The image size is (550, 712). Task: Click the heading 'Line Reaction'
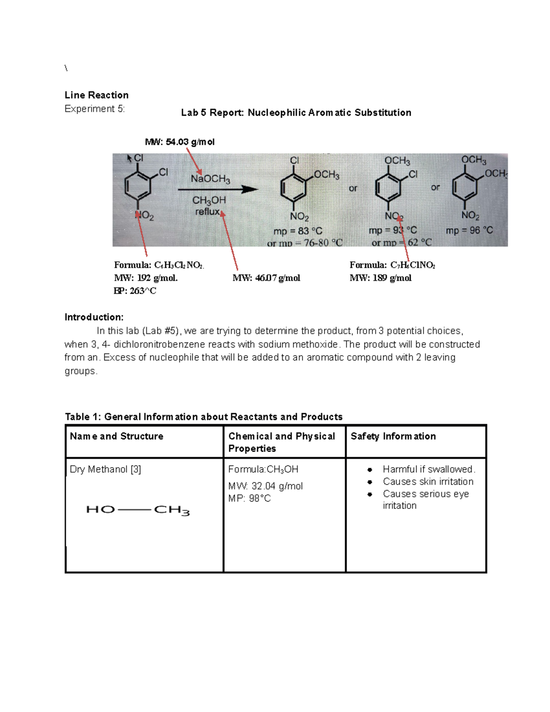point(96,95)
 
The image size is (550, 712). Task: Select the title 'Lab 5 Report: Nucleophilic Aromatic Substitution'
point(296,113)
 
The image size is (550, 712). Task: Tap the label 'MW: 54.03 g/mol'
point(180,142)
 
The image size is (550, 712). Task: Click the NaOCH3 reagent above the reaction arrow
point(210,179)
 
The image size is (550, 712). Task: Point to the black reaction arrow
point(218,189)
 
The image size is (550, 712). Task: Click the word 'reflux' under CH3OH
point(208,212)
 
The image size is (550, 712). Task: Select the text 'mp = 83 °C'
point(298,231)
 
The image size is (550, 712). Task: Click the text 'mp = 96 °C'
point(469,230)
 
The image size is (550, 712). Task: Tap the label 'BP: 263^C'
point(135,291)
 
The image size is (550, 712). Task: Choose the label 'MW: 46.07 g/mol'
point(266,278)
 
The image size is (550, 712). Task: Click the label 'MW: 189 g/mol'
point(380,278)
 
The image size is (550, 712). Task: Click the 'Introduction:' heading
point(94,317)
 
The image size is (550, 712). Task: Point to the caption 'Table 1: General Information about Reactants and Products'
point(203,417)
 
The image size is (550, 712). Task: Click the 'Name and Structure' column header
point(116,436)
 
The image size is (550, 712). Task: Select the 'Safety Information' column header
point(393,436)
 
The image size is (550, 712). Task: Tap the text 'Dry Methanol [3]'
point(105,469)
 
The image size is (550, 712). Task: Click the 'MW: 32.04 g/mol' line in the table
point(265,486)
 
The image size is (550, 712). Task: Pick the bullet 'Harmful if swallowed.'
point(429,469)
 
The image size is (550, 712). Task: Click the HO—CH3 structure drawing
point(137,510)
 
